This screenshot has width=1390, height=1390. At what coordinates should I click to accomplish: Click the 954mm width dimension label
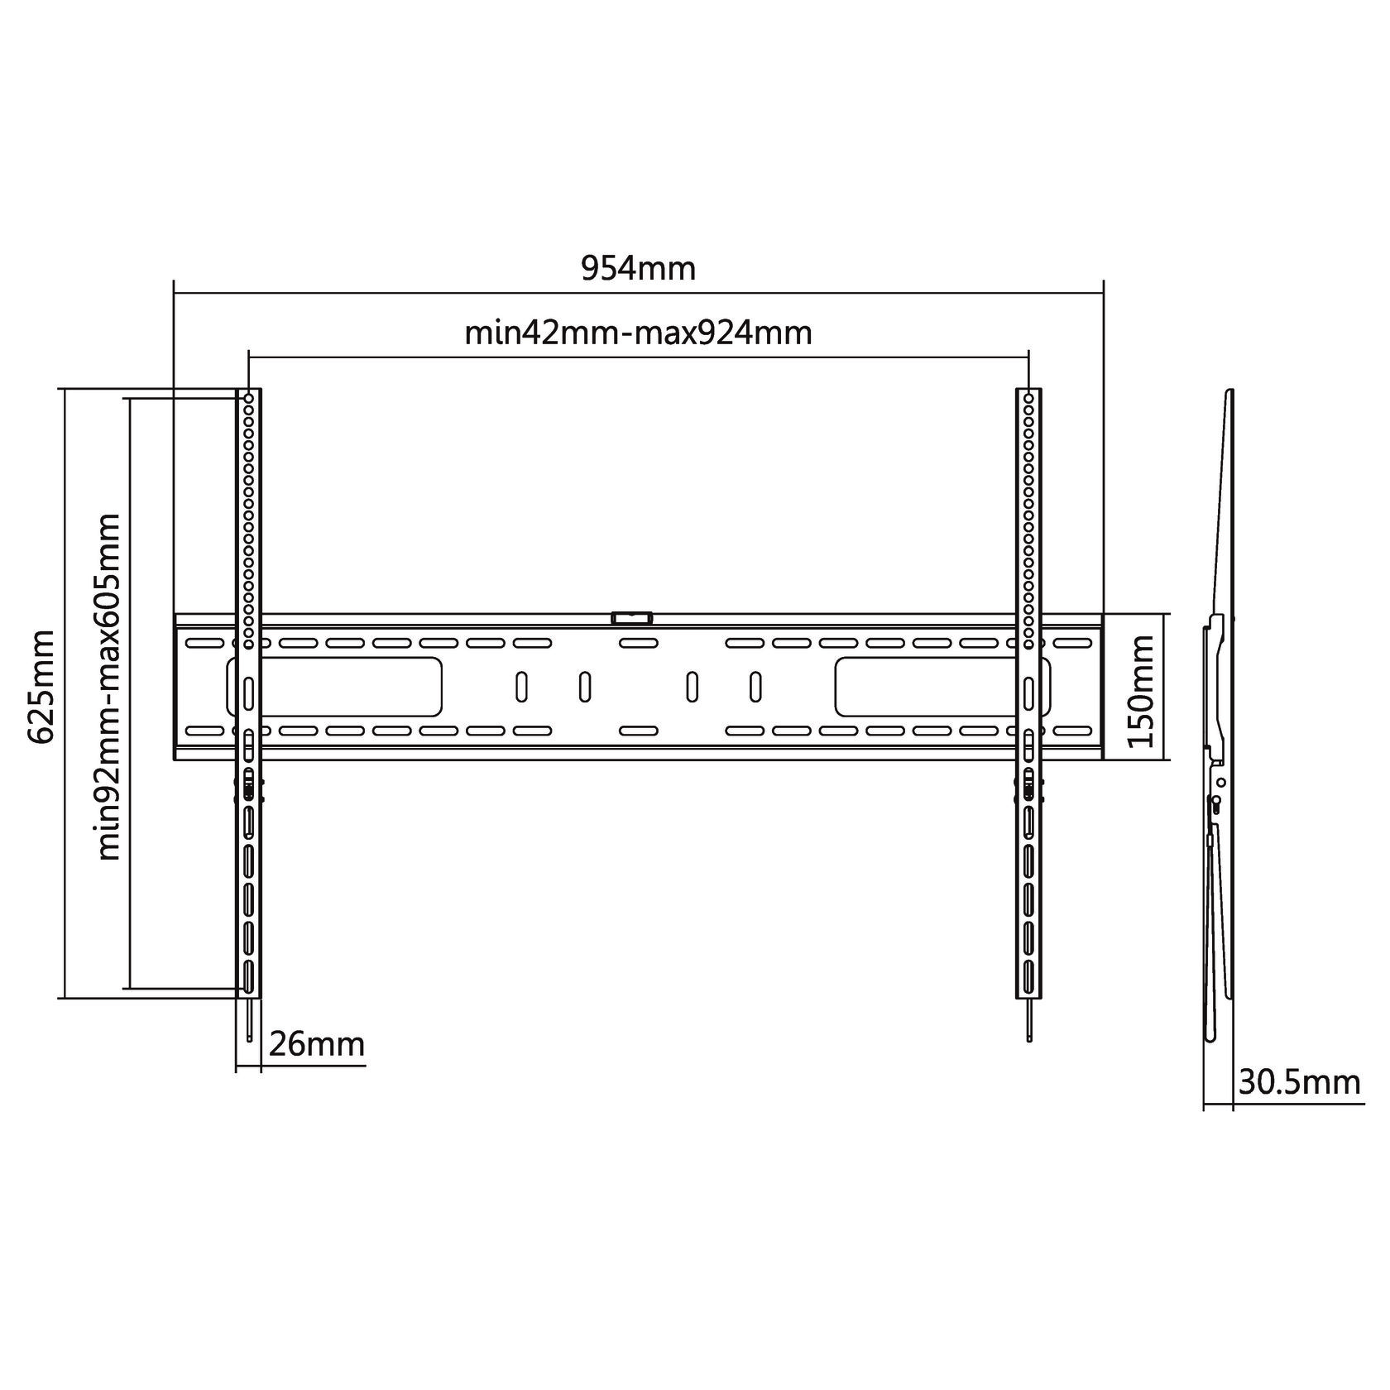638,269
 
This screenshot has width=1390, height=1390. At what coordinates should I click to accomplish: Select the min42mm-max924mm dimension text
638,333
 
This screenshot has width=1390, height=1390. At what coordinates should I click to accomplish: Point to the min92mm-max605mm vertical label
109,688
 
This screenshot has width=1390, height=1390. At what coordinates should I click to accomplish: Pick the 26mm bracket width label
317,1044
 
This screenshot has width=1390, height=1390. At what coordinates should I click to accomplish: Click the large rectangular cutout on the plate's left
333,687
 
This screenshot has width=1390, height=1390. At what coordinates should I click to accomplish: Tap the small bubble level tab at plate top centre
631,617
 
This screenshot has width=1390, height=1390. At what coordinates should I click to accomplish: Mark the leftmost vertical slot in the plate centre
522,687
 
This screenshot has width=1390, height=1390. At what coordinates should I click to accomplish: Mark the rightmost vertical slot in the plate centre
755,687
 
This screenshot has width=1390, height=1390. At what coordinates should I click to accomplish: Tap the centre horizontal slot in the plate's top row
638,643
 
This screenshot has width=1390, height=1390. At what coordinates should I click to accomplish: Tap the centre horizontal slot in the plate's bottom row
638,731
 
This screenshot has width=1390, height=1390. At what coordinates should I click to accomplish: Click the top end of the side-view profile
1231,391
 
